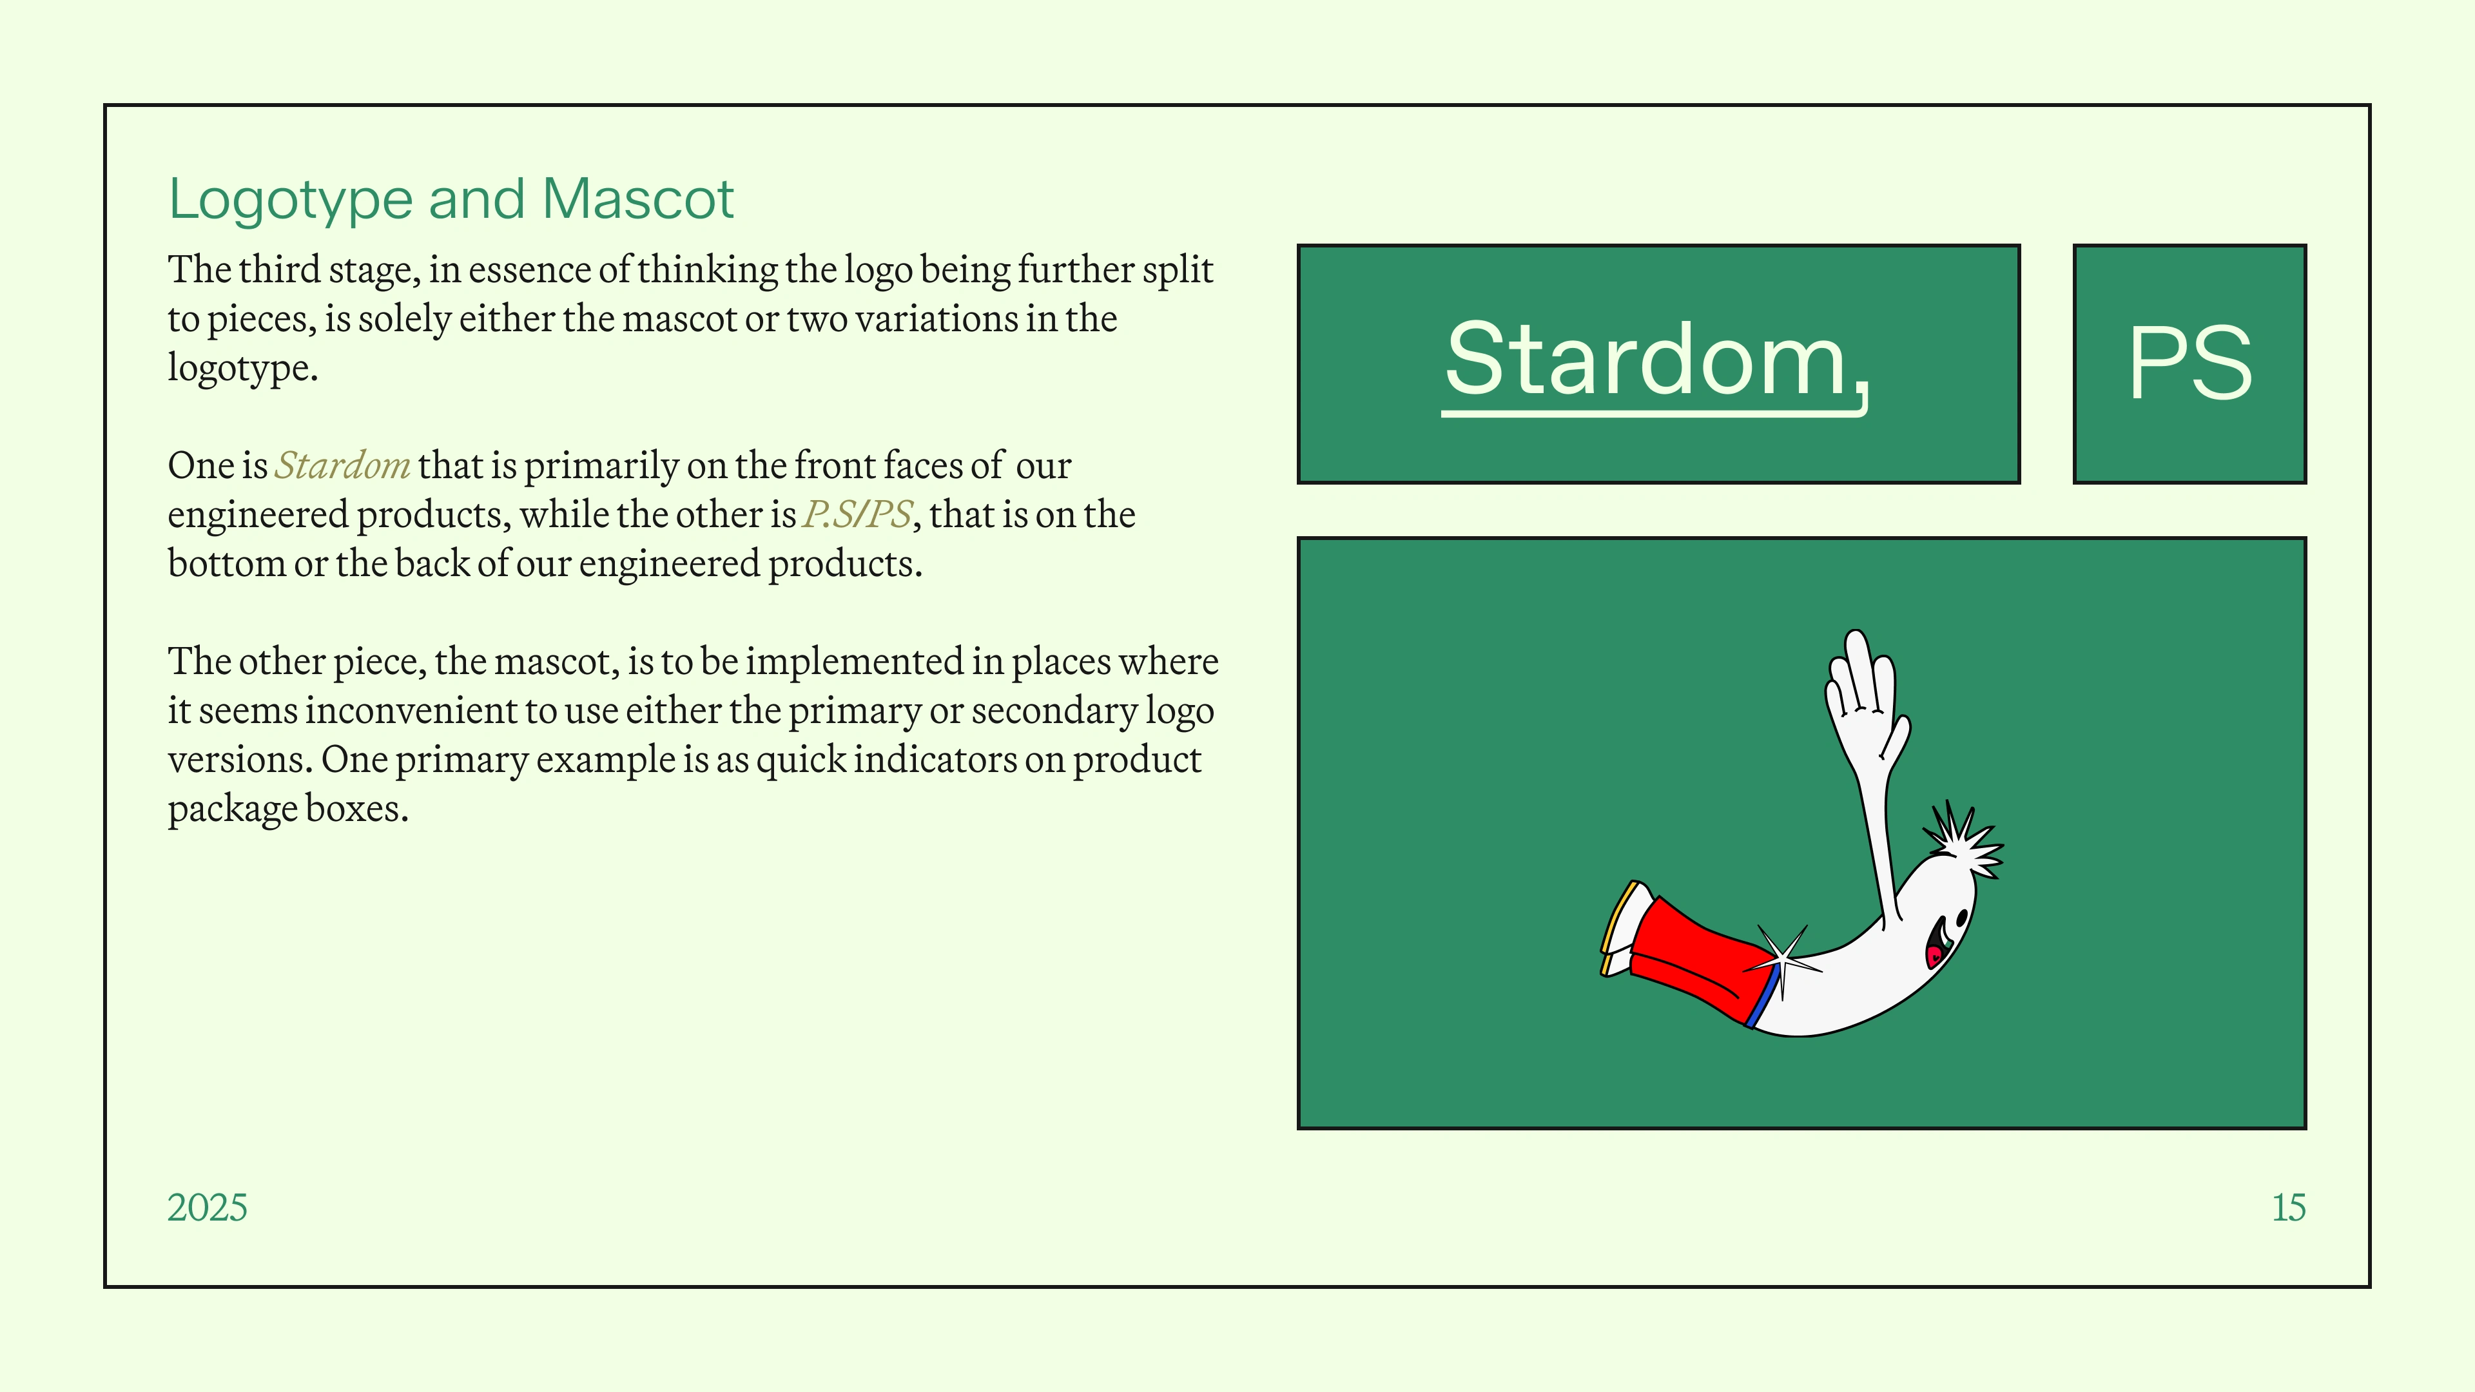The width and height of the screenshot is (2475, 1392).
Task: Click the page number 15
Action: point(2289,1208)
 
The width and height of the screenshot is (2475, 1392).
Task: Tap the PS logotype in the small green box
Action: point(2189,362)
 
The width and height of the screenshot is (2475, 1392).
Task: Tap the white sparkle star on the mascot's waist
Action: point(1782,959)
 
